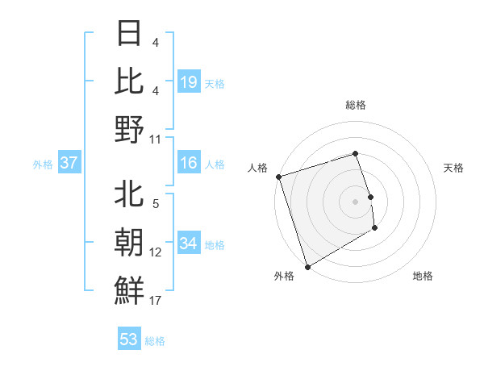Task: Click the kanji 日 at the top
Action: tap(129, 33)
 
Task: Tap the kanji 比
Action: tap(129, 81)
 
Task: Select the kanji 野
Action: tap(129, 129)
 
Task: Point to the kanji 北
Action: tap(129, 194)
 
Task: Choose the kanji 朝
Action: tap(129, 242)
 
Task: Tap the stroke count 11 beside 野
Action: tap(156, 139)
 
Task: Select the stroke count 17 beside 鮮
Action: tap(156, 301)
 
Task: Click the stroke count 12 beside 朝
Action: tap(156, 252)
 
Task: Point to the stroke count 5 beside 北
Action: tap(156, 204)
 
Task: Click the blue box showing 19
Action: tap(189, 81)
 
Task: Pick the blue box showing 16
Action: tap(189, 163)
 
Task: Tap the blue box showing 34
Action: tap(189, 244)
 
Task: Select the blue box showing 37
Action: tap(69, 163)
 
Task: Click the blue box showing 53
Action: tap(129, 339)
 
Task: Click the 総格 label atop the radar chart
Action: tap(355, 105)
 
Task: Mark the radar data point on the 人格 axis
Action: tap(278, 177)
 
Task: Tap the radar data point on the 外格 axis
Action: tap(307, 267)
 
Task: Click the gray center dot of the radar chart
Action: tap(355, 202)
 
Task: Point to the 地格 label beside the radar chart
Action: tap(423, 277)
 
